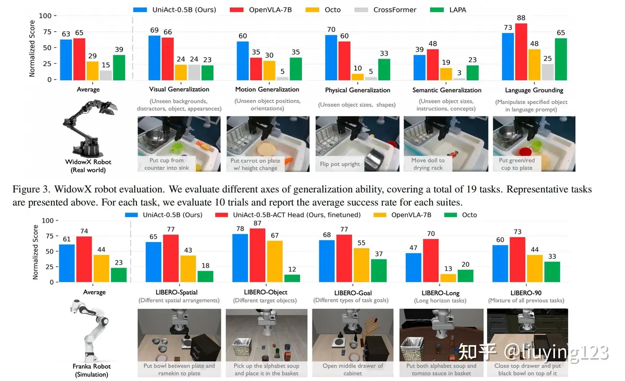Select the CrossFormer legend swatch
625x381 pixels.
[x=355, y=9]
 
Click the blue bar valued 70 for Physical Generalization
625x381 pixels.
[x=331, y=57]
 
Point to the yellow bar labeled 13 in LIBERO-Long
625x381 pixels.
[x=448, y=278]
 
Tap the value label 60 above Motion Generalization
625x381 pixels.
[x=243, y=36]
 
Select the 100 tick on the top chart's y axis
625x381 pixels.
[x=46, y=16]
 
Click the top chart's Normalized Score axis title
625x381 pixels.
[x=32, y=48]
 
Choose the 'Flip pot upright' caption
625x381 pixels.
[x=340, y=164]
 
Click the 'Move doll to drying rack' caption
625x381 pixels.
[x=428, y=164]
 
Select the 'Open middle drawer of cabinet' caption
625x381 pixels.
[x=353, y=370]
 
